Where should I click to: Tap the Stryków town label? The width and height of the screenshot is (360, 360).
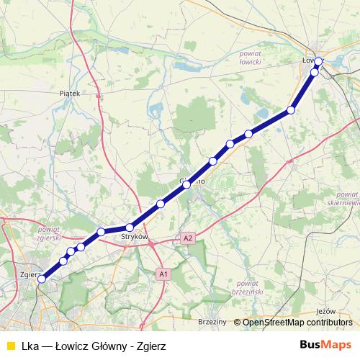click(135, 236)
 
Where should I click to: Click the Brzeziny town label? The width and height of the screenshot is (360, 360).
click(212, 322)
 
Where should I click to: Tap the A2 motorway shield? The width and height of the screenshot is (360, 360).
click(188, 238)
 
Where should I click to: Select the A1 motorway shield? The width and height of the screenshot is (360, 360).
click(163, 274)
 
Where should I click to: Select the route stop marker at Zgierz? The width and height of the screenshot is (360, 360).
click(42, 279)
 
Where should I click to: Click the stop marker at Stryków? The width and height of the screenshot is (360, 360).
click(130, 228)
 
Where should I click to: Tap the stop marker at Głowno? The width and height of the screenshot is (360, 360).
click(186, 185)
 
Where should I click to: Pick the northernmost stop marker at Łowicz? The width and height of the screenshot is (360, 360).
click(318, 61)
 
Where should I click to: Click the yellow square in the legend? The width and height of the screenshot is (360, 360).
click(9, 344)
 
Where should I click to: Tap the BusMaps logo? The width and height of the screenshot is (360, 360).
click(326, 343)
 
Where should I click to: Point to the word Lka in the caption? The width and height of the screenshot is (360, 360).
click(30, 344)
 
